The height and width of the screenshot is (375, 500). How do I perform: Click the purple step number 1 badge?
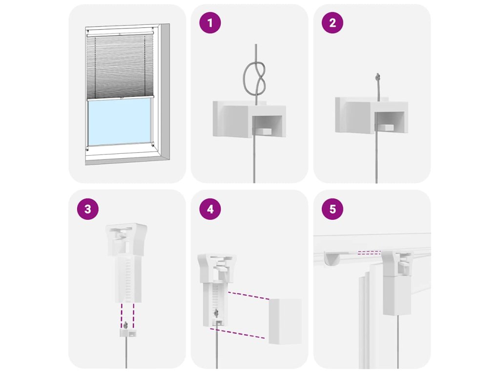point(210,23)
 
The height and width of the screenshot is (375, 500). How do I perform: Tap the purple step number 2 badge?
point(332,23)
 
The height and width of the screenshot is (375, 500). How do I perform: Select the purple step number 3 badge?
point(88,209)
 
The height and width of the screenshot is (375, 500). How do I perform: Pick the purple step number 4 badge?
point(210,209)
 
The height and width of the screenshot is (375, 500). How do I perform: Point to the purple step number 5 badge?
point(332,209)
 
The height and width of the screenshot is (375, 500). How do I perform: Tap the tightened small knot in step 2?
point(378,77)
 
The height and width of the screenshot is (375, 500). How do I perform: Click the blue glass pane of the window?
point(120,122)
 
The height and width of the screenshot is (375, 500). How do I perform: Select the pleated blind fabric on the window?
point(120,66)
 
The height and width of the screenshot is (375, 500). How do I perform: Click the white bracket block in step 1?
point(250,119)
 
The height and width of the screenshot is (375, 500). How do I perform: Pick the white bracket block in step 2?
point(372,115)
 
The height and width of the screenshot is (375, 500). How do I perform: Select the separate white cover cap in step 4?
point(285,321)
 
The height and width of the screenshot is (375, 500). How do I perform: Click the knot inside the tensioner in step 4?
point(216,313)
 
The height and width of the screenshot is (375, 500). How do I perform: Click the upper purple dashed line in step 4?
point(249,295)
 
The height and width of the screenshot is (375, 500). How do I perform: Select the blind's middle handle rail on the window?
point(120,97)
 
